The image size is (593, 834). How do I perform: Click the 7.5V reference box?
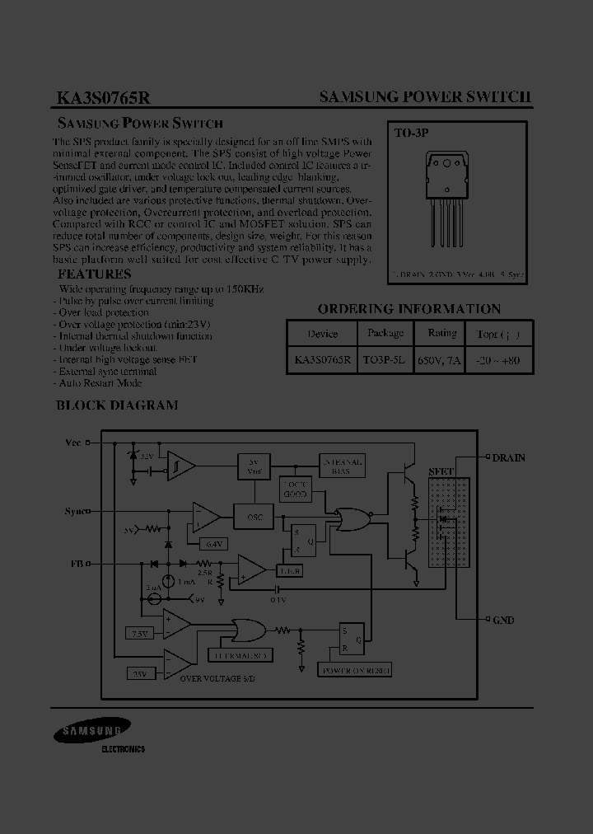pos(139,633)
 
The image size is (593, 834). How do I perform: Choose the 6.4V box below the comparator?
pos(213,543)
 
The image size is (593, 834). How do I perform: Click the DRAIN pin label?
pos(508,457)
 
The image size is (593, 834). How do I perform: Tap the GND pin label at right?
pos(503,620)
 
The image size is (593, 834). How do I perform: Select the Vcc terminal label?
pos(73,443)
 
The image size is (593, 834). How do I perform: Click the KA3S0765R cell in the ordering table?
pos(322,360)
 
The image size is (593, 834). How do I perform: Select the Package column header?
pos(385,334)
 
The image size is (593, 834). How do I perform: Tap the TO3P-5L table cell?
pos(385,360)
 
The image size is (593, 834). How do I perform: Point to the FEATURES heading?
pos(94,274)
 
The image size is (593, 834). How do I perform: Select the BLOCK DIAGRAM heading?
pos(116,405)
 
